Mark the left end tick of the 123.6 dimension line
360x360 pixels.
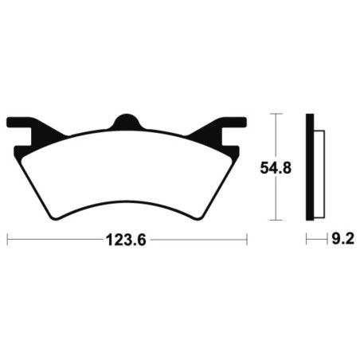tap(8, 238)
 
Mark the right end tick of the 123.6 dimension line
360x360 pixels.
tap(247, 238)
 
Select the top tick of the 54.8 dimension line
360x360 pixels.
tap(274, 114)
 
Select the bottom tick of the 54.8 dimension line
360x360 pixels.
tap(274, 220)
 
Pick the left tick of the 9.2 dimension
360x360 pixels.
tap(306, 238)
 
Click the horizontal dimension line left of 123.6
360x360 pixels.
tap(56, 238)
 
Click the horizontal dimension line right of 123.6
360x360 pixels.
tap(199, 238)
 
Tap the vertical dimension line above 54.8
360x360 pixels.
tap(274, 135)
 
